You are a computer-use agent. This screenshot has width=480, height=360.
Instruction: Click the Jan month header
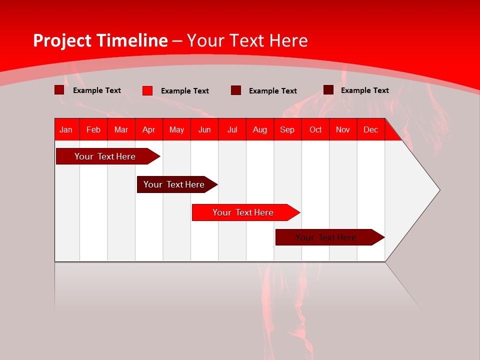click(66, 129)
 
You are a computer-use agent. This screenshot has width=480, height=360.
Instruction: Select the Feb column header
click(93, 129)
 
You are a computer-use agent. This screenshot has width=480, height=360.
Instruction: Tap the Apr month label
click(149, 129)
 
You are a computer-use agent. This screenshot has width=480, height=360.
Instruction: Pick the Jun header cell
click(204, 129)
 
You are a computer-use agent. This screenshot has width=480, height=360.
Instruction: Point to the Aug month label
click(260, 129)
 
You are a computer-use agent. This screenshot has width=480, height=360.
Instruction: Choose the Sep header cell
click(287, 129)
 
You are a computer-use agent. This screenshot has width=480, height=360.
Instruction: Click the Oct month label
click(315, 129)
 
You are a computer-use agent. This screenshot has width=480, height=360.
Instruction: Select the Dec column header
click(371, 129)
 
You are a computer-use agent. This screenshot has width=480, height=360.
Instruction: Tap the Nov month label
click(343, 129)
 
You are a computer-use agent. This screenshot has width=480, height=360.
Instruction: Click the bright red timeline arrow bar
click(243, 212)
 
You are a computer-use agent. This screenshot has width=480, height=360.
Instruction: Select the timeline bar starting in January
click(105, 156)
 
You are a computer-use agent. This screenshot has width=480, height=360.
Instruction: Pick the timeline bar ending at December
click(326, 237)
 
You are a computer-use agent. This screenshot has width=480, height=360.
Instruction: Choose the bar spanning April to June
click(174, 184)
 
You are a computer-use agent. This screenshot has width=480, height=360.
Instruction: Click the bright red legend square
click(147, 90)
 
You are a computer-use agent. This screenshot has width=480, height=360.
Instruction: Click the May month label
click(176, 129)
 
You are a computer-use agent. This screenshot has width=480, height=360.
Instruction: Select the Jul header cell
click(232, 129)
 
